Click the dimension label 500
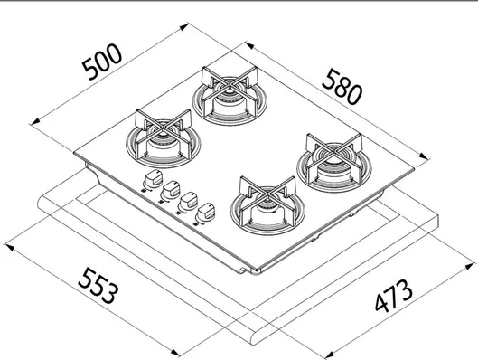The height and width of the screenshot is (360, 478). click(102, 62)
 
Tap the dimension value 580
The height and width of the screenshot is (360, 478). click(342, 87)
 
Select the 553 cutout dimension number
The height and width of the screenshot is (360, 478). click(98, 286)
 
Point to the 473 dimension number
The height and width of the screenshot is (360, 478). click(393, 296)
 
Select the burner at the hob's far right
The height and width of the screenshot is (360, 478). click(334, 163)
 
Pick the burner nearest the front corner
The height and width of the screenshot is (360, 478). click(267, 205)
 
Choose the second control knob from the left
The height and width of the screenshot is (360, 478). click(171, 190)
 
